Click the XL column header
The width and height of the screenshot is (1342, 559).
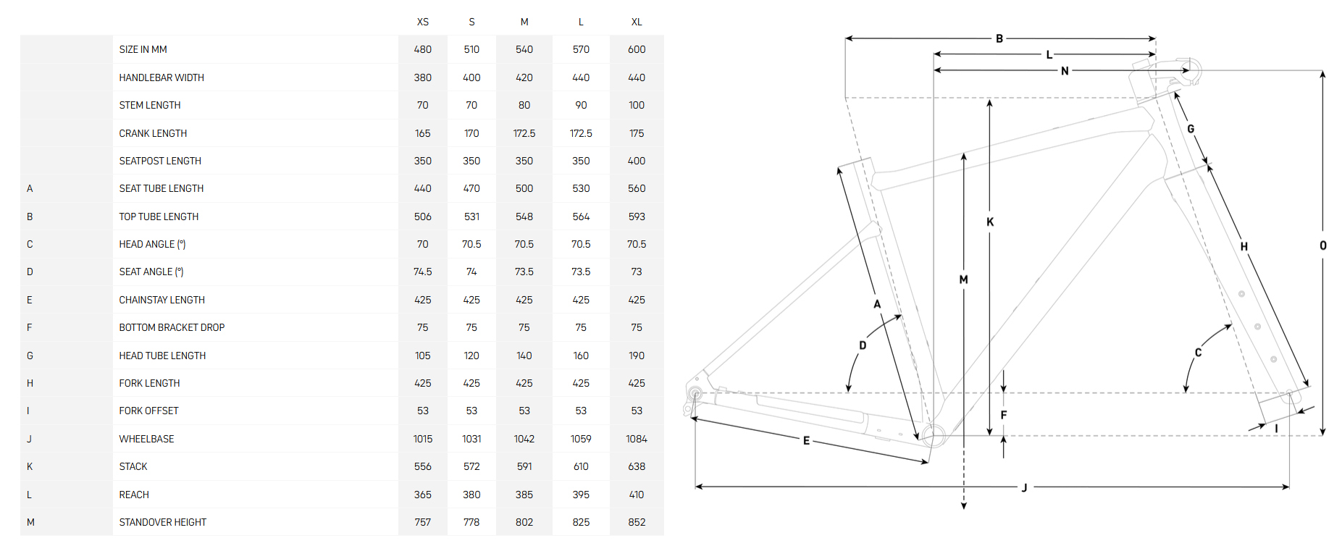point(637,22)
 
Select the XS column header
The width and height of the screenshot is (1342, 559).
point(423,22)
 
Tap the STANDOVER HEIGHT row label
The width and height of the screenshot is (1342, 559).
point(163,522)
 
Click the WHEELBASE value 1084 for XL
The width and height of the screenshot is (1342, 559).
point(637,439)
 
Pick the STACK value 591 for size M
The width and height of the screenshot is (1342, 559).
point(524,466)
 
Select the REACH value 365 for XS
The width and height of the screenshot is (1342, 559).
point(423,495)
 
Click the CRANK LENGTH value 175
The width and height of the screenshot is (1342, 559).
point(637,133)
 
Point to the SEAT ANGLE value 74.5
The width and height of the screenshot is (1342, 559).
point(423,272)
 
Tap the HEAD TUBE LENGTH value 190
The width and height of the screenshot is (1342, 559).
point(637,356)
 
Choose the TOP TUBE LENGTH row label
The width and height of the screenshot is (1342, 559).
point(159,217)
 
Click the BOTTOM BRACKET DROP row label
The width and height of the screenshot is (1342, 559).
point(172,327)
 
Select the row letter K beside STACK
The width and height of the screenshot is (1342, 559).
point(30,466)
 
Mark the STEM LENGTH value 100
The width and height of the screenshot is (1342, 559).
point(637,105)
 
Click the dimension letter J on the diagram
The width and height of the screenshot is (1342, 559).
point(1025,488)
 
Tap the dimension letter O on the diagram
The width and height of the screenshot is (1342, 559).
point(1323,245)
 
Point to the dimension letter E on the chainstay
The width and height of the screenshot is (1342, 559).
point(806,440)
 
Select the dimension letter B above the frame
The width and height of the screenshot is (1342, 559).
point(999,38)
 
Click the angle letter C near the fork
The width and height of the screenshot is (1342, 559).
point(1198,353)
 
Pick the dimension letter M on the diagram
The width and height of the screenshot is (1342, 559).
point(963,279)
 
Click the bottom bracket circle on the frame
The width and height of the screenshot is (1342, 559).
point(933,436)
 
